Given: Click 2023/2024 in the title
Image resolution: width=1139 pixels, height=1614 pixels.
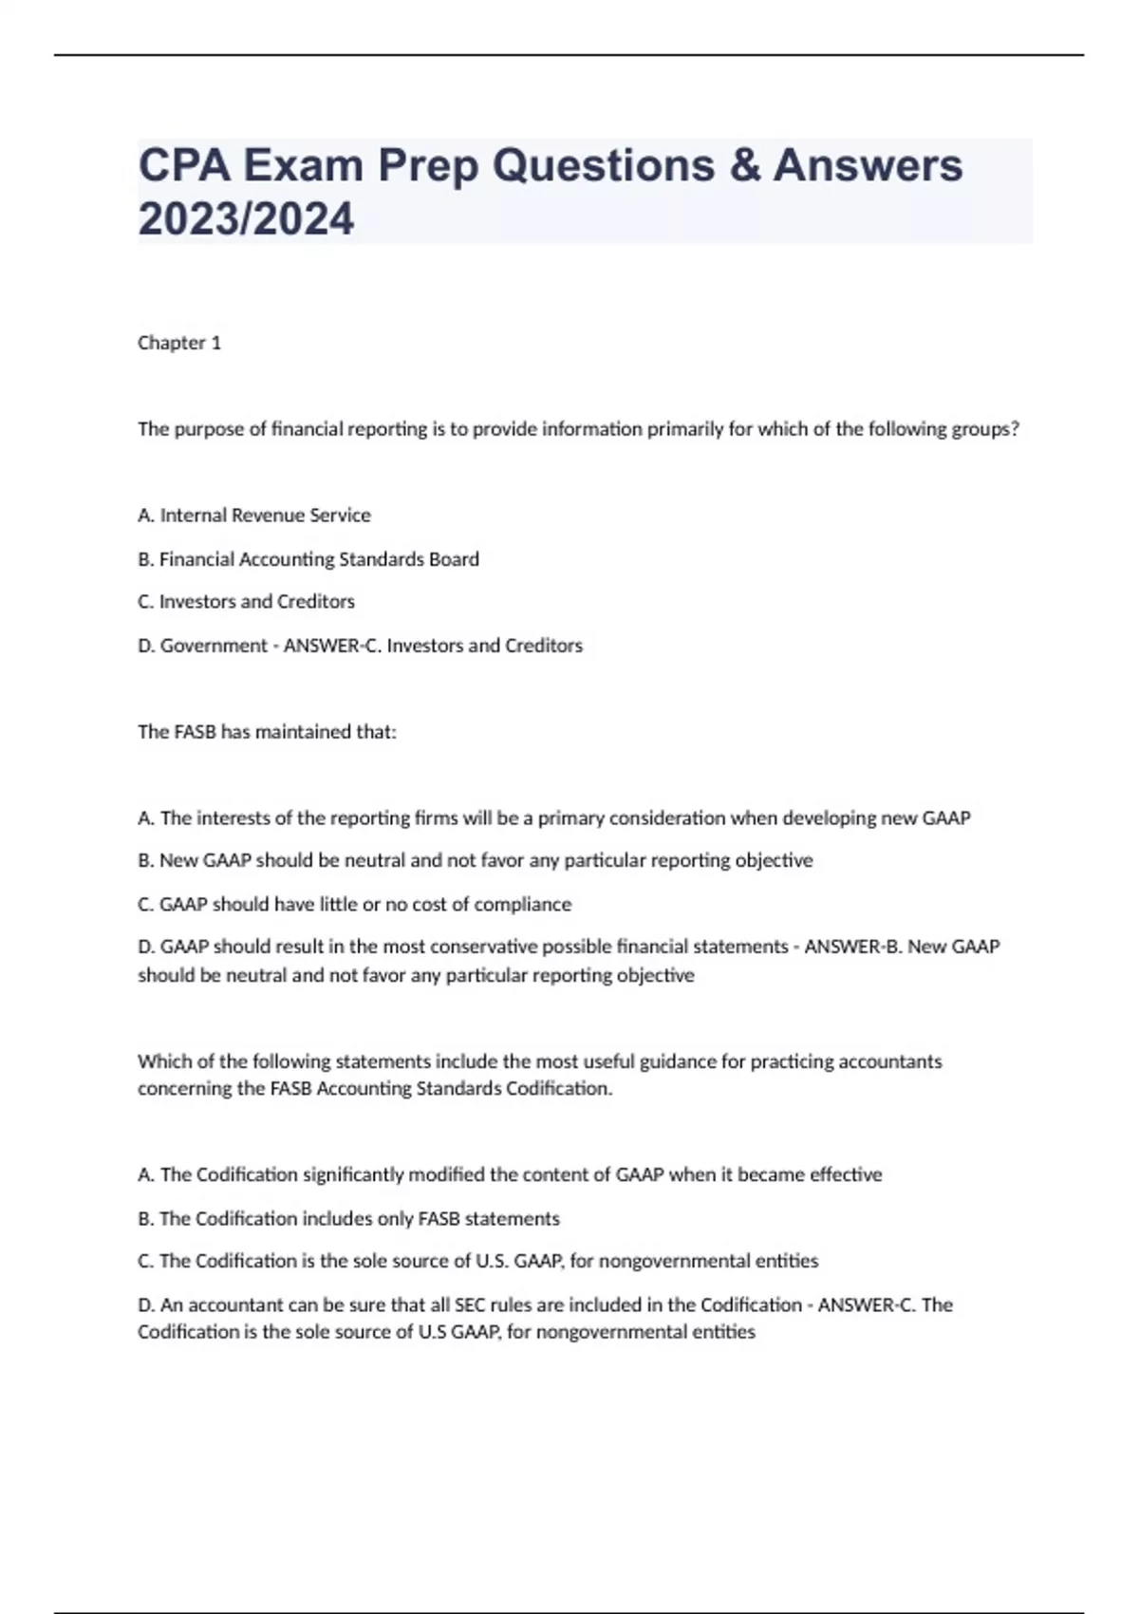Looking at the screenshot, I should (246, 219).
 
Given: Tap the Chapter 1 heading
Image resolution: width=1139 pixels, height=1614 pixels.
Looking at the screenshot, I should (179, 343).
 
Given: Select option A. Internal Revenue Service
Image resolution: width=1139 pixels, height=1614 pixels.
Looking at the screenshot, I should (254, 516).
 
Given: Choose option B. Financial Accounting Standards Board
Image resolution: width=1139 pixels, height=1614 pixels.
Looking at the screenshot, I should (308, 559).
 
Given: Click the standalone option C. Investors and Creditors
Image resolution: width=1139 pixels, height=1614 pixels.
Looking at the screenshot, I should (246, 602).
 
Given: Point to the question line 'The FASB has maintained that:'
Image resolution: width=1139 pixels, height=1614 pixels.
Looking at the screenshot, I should (267, 732).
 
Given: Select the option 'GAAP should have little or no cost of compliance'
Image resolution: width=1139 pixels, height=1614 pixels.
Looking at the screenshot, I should (354, 904).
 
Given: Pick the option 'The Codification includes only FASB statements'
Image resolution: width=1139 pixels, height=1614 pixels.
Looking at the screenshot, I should (348, 1219).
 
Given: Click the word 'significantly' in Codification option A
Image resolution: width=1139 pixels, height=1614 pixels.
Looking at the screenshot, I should (356, 1175).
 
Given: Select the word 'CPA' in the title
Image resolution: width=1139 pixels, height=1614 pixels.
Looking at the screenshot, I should (184, 165).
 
